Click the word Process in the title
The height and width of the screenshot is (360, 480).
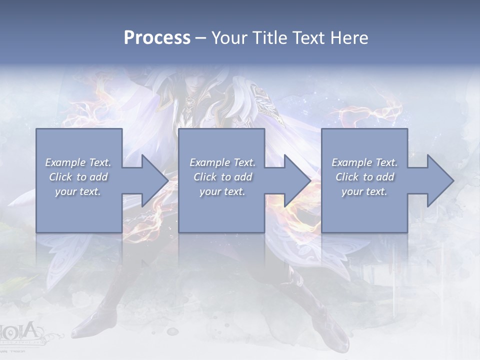[x=157, y=38]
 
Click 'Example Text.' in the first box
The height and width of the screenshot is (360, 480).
[x=78, y=162]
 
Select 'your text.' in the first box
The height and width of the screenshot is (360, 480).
[x=78, y=191]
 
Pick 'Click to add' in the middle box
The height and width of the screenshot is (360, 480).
[x=222, y=177]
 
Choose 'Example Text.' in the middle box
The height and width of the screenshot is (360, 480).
[x=222, y=162]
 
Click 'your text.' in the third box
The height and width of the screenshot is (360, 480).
[x=364, y=191]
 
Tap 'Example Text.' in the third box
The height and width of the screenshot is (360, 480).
[x=364, y=162]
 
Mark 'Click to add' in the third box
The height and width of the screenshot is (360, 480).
[x=364, y=177]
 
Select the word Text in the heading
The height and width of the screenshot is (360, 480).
[x=308, y=38]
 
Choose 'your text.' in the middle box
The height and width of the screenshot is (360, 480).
[x=222, y=191]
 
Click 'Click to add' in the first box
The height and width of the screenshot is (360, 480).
[x=78, y=177]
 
